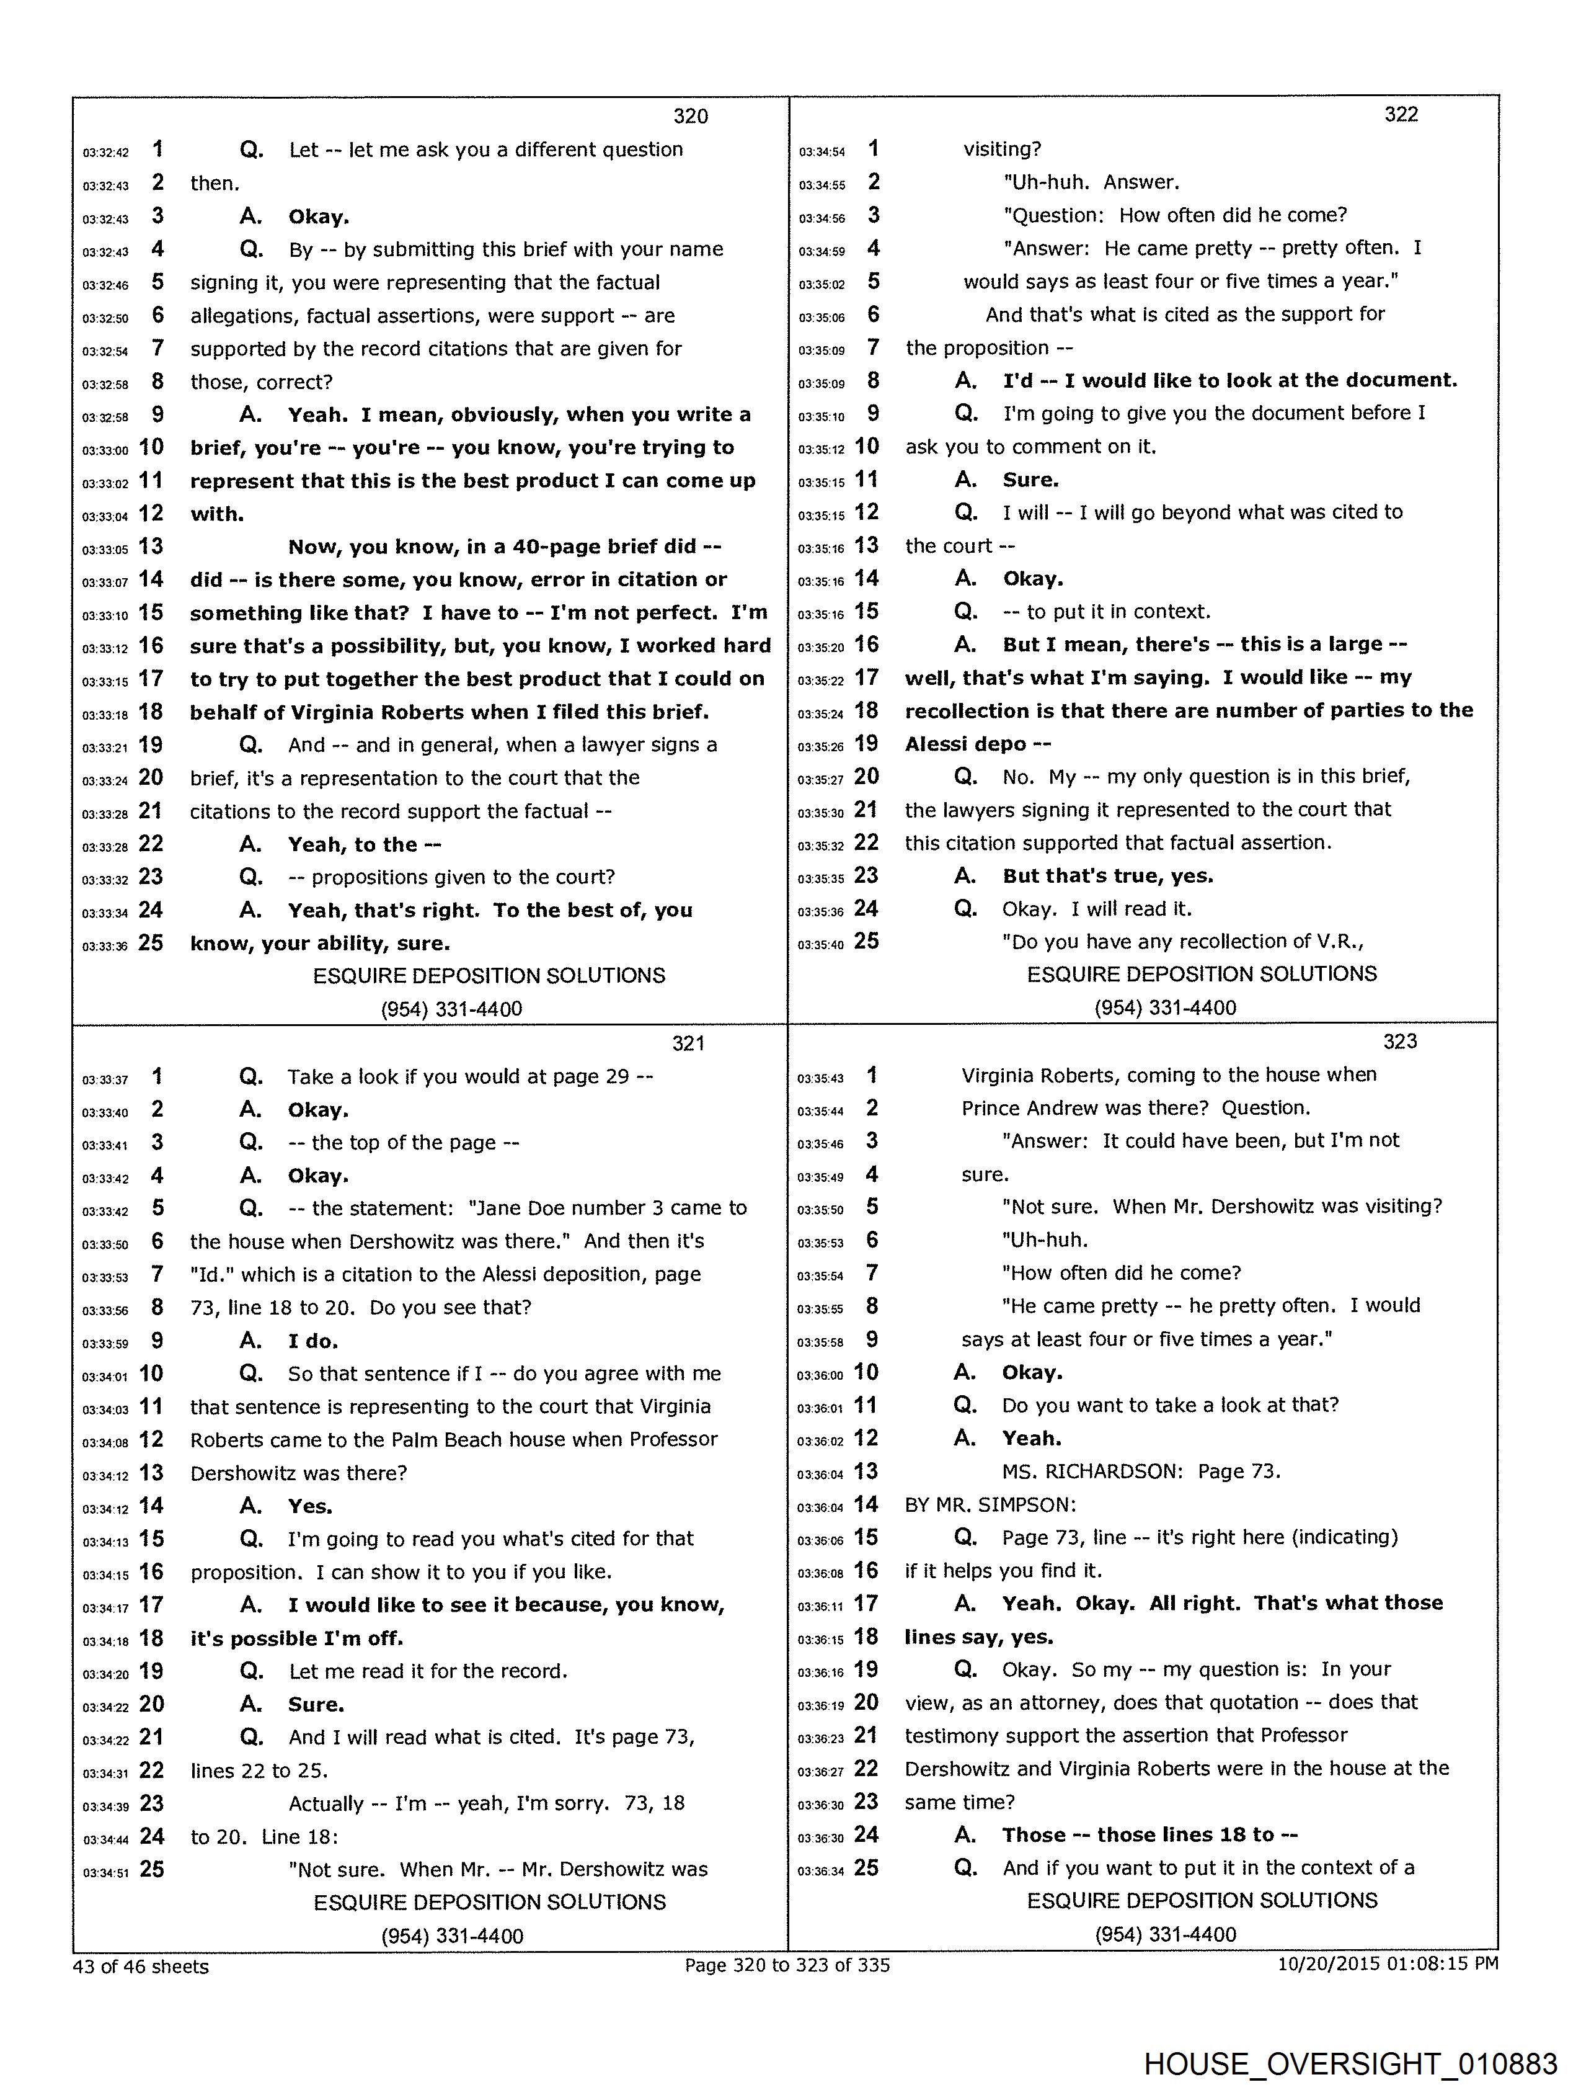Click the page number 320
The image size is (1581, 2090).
[691, 116]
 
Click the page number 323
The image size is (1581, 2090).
[1400, 1041]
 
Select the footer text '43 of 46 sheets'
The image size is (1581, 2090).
[141, 1966]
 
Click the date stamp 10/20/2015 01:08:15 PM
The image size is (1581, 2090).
[1388, 1963]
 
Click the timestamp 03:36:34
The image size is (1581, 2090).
[820, 1871]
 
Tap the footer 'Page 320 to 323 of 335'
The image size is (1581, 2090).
[787, 1965]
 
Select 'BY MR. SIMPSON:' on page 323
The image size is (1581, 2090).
[990, 1504]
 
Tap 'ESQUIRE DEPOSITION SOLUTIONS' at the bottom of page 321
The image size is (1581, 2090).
[489, 1902]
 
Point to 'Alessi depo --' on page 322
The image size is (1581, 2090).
[978, 744]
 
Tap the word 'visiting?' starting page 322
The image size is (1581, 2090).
[1002, 150]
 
